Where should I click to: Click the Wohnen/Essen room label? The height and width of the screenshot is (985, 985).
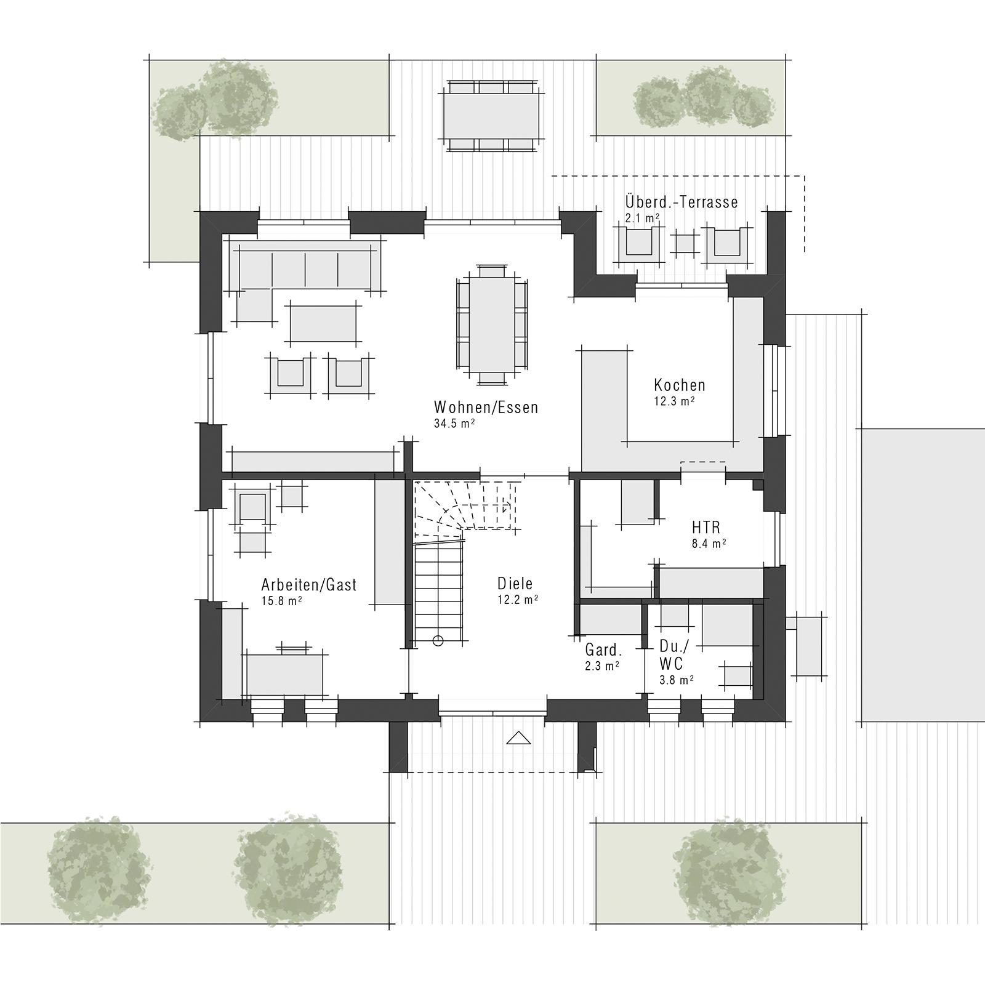486,408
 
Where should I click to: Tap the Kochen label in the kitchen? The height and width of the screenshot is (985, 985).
680,385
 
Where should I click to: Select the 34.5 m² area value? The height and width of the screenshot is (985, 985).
454,424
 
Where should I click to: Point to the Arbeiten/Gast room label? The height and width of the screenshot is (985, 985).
309,585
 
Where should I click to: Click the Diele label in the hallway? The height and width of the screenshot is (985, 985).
515,584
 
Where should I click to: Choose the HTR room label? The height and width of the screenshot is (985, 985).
706,528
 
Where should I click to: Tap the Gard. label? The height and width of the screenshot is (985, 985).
603,650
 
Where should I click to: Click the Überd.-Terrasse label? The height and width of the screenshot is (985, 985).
681,202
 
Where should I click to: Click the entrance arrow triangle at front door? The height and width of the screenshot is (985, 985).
518,737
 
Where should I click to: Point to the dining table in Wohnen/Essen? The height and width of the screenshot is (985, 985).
492,324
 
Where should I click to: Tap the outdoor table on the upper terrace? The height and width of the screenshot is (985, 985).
492,115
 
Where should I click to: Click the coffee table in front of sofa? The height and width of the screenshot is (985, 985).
323,323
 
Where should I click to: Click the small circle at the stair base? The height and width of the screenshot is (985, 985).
438,641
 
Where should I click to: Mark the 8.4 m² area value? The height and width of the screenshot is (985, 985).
709,544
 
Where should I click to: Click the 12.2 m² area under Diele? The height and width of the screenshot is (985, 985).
518,599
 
